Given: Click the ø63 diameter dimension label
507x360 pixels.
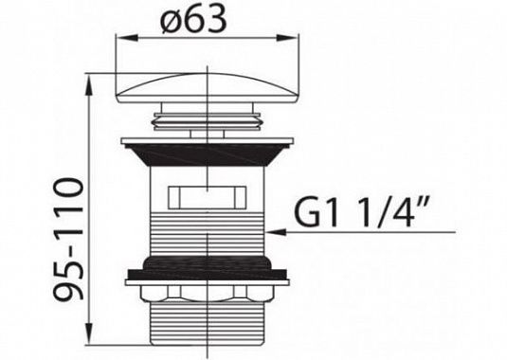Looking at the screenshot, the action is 193,19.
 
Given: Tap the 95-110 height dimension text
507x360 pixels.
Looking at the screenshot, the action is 69,239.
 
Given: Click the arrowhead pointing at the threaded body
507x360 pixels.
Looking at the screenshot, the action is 276,232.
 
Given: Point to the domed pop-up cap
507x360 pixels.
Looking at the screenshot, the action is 207,88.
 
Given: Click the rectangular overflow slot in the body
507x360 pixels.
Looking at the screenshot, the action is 207,197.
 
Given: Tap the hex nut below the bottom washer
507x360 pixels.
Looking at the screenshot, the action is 207,294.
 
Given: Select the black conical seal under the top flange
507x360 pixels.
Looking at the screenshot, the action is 207,155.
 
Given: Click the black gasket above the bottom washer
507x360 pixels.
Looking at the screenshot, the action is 207,268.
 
